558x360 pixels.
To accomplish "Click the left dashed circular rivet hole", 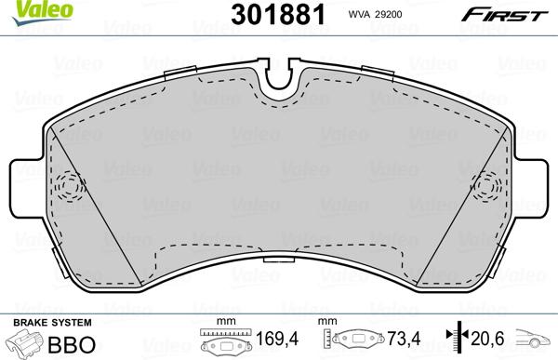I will (69, 186).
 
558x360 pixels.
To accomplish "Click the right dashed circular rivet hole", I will (488, 186).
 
